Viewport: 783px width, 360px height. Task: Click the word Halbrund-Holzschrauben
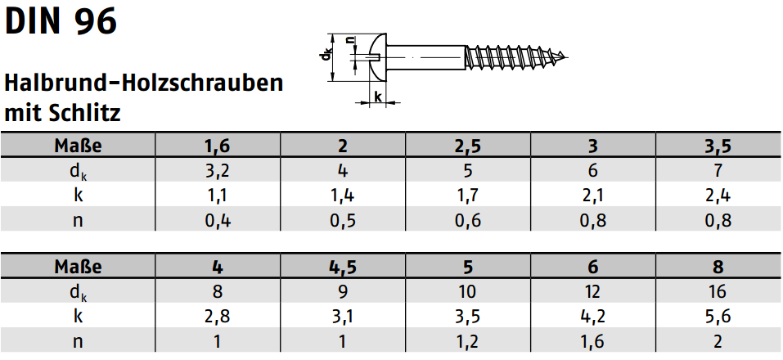point(144,83)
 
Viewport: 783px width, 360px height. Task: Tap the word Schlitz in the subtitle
point(85,113)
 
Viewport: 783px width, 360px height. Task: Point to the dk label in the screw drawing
point(326,55)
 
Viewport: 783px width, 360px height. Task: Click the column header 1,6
point(217,146)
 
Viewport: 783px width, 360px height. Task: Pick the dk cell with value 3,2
point(217,170)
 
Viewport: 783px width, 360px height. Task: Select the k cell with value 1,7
point(467,195)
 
